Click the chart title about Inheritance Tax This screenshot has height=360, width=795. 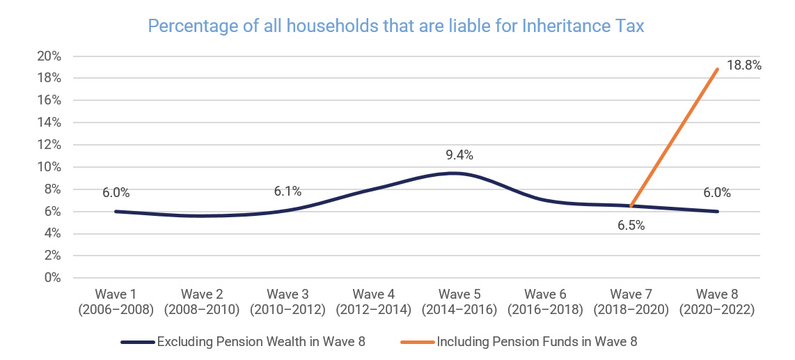click(397, 26)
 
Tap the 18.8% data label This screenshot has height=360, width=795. click(743, 65)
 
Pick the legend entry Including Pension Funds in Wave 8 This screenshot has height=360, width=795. click(519, 342)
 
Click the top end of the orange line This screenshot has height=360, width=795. click(717, 69)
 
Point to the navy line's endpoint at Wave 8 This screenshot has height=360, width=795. click(717, 212)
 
